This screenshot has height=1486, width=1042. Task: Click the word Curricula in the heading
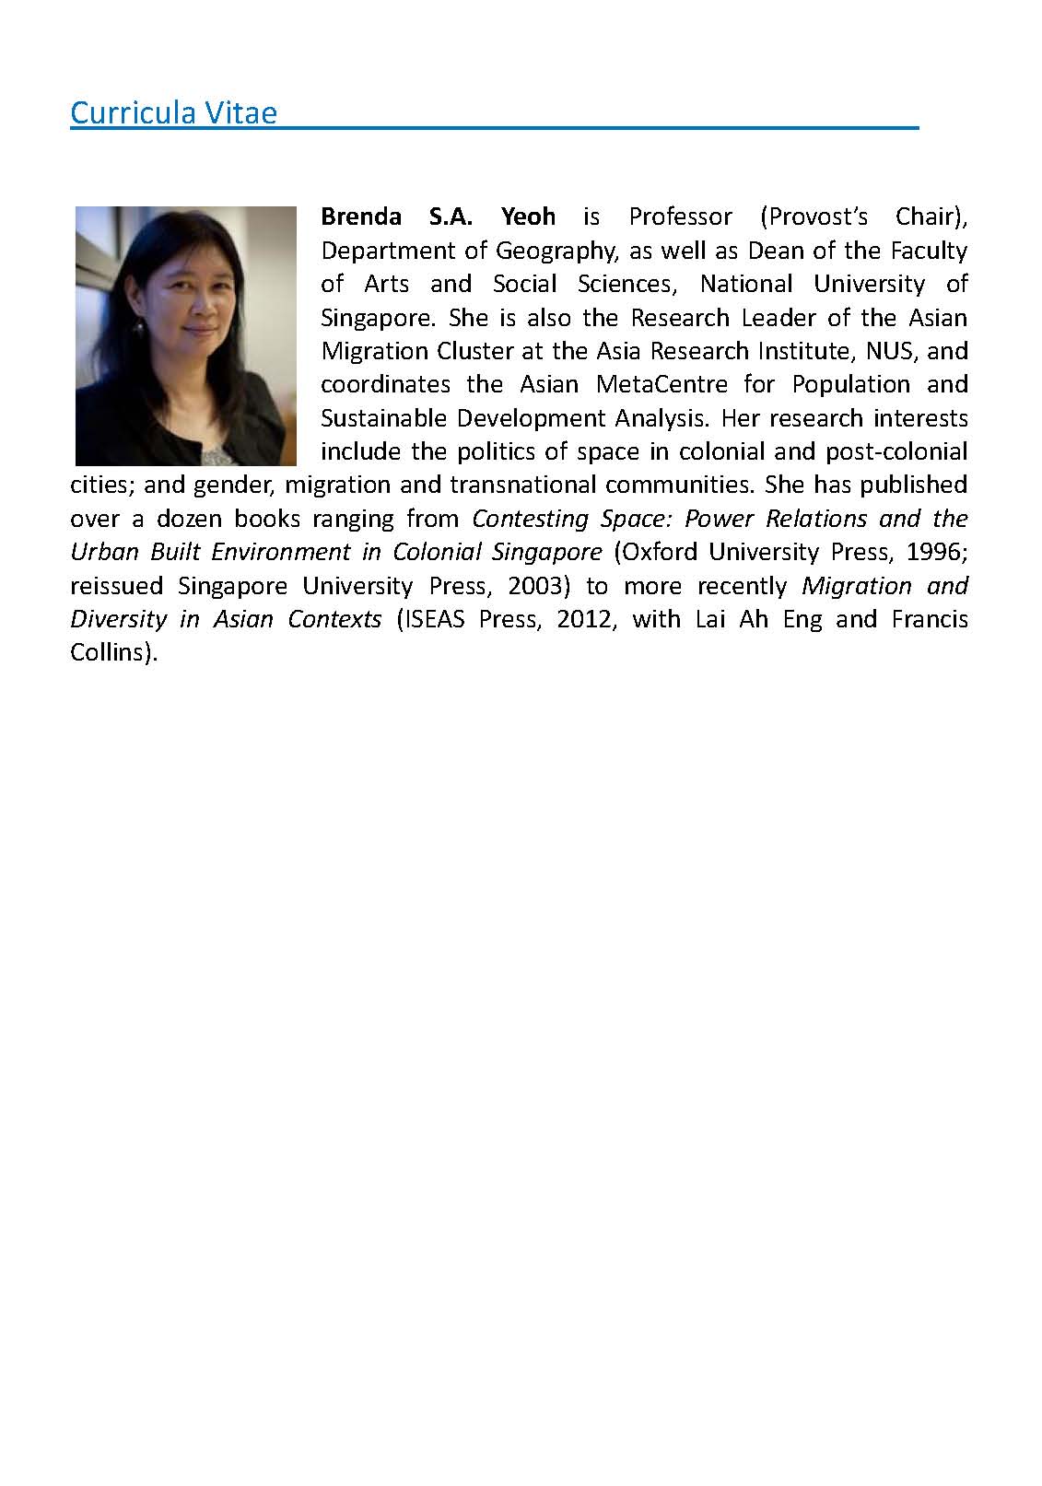coord(133,113)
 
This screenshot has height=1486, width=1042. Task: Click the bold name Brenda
coord(360,216)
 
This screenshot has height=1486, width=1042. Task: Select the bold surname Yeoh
coord(528,216)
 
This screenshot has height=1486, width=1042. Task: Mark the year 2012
coord(583,619)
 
